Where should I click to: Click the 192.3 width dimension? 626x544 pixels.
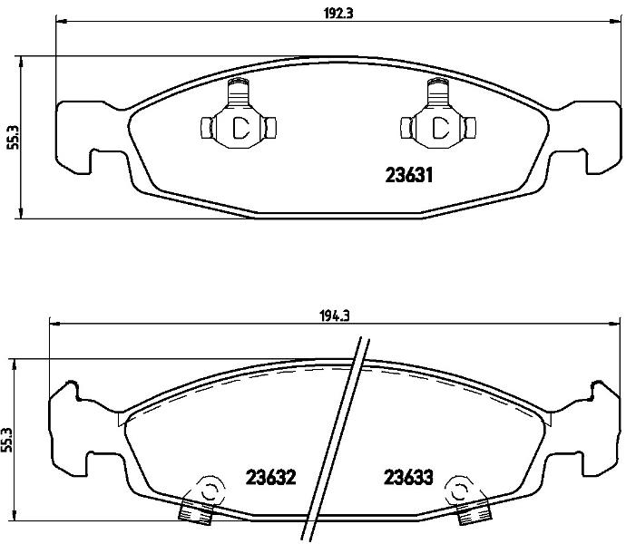click(338, 14)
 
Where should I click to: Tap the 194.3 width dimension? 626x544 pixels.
click(335, 316)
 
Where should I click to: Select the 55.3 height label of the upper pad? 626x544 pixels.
click(14, 137)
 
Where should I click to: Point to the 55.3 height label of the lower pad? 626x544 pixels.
click(6, 440)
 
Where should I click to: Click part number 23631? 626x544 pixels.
click(409, 175)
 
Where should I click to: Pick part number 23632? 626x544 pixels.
click(270, 477)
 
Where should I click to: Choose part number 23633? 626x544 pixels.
click(408, 477)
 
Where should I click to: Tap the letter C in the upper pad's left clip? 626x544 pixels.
click(240, 128)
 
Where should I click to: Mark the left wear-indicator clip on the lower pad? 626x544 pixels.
click(202, 500)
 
